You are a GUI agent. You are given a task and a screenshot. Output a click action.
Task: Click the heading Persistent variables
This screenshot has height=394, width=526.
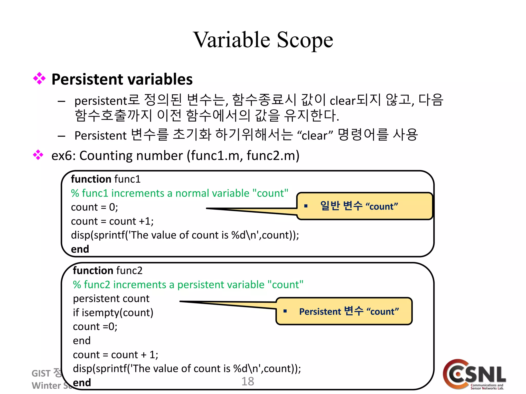[x=122, y=79]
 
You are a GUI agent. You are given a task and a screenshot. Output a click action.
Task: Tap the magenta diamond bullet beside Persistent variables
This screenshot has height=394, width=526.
[x=39, y=78]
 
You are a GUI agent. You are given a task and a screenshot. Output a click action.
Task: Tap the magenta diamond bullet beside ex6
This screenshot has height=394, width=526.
[x=38, y=155]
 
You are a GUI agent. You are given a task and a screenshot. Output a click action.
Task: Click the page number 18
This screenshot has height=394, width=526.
[x=248, y=381]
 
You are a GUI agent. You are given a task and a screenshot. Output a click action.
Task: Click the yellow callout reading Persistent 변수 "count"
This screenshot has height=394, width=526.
[x=344, y=311]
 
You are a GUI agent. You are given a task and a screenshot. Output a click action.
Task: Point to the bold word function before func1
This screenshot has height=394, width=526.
[x=91, y=179]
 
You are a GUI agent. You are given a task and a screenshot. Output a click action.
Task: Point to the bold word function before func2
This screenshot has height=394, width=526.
[x=93, y=271]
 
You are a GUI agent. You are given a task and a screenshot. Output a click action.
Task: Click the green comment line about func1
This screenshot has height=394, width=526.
[x=180, y=193]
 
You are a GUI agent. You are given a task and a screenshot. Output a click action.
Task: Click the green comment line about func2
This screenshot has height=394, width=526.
[x=188, y=285]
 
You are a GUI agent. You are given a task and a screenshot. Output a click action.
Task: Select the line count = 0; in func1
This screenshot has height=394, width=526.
[x=94, y=207]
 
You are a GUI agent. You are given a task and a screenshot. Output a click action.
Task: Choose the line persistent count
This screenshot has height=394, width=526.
[x=111, y=299]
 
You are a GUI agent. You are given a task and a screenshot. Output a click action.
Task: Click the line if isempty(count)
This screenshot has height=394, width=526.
[x=113, y=313]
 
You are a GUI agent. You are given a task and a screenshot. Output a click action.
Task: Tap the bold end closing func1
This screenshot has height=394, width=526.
[x=80, y=249]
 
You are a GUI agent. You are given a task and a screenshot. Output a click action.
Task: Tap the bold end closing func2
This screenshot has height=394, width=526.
[x=82, y=382]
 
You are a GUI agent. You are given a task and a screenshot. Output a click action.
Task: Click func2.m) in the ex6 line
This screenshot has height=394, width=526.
[x=273, y=155]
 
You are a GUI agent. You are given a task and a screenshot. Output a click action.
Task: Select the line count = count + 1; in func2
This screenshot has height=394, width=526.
[x=115, y=355]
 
